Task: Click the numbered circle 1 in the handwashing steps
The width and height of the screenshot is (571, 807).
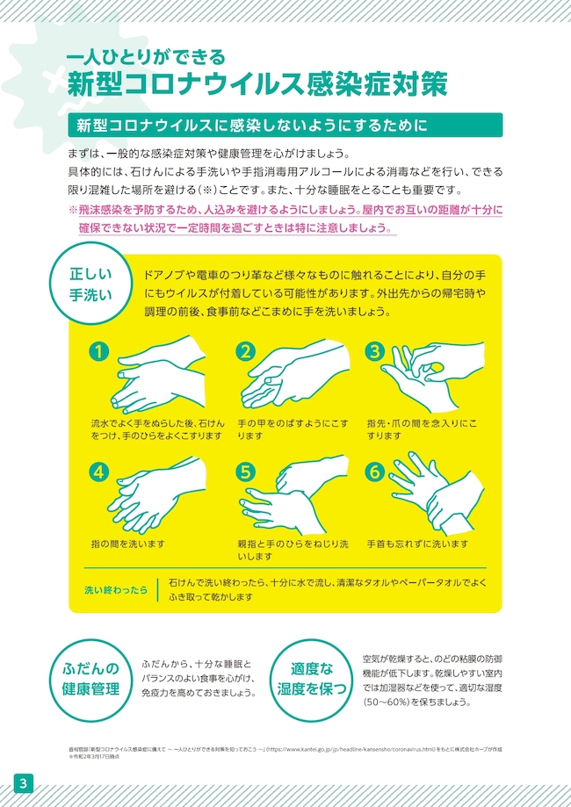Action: [x=99, y=351]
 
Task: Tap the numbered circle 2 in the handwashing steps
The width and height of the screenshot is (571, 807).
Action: [x=246, y=351]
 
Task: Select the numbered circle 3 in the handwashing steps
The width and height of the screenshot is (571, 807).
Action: [x=375, y=351]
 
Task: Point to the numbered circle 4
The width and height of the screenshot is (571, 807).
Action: [x=99, y=472]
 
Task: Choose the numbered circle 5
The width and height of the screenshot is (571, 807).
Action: [x=246, y=472]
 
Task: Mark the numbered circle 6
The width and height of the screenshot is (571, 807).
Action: [x=375, y=472]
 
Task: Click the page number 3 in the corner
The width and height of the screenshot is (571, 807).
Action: [x=24, y=784]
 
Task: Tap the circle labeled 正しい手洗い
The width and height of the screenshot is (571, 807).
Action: [x=90, y=285]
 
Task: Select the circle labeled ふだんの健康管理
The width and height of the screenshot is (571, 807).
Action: [x=90, y=680]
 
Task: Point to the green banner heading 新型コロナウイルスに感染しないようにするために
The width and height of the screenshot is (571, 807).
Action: [x=285, y=125]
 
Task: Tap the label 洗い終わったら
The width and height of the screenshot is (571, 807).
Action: [x=116, y=590]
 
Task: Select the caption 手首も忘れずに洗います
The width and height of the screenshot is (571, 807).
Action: [x=417, y=544]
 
